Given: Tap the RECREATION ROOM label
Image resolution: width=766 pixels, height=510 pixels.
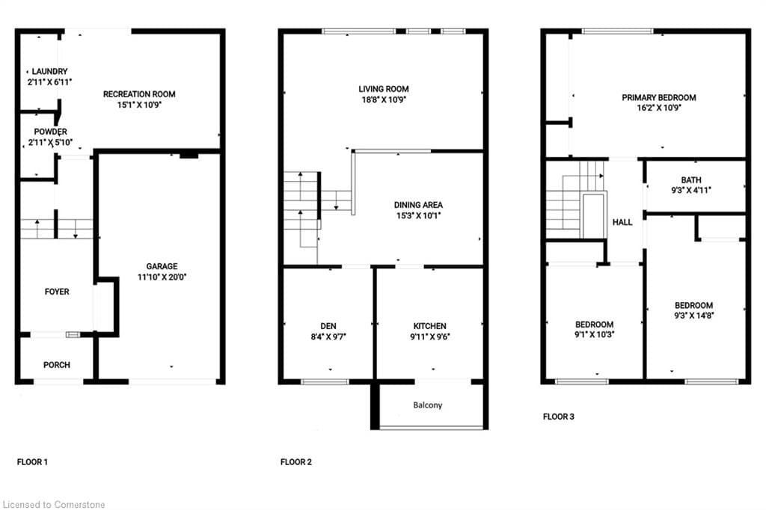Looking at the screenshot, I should [x=139, y=94].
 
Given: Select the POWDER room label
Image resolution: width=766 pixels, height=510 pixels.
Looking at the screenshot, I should [x=48, y=132].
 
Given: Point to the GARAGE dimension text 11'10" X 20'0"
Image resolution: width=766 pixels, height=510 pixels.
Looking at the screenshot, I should [x=162, y=276].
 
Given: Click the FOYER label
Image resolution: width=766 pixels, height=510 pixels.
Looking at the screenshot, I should [x=56, y=292].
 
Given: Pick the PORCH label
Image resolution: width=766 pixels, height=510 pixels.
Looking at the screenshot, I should [x=57, y=365].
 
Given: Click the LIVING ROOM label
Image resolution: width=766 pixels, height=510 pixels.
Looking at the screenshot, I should [x=383, y=89].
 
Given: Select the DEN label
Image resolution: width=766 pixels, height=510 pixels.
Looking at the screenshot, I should [x=328, y=326].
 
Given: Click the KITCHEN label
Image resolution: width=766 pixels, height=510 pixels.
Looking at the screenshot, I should [x=429, y=326].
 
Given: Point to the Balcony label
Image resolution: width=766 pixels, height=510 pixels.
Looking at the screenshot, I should [x=428, y=405].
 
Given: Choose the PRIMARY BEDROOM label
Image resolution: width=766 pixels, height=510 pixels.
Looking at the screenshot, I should [x=658, y=97].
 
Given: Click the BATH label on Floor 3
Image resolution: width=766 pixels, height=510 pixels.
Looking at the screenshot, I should [x=690, y=179].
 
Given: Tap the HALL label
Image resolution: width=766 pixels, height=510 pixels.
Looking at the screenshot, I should [x=622, y=222].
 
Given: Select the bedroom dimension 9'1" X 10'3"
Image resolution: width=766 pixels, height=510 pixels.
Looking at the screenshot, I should [x=594, y=335].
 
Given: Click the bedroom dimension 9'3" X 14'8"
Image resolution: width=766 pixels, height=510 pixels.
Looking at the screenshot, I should [x=693, y=316].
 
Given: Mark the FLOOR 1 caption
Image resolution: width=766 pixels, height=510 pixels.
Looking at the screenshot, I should [x=32, y=462].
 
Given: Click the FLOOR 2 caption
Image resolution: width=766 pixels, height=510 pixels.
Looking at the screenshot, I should [x=296, y=462].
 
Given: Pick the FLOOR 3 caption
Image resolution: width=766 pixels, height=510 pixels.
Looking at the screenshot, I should [x=559, y=417].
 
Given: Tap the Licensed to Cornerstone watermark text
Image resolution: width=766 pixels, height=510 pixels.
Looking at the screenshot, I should [x=54, y=505].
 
